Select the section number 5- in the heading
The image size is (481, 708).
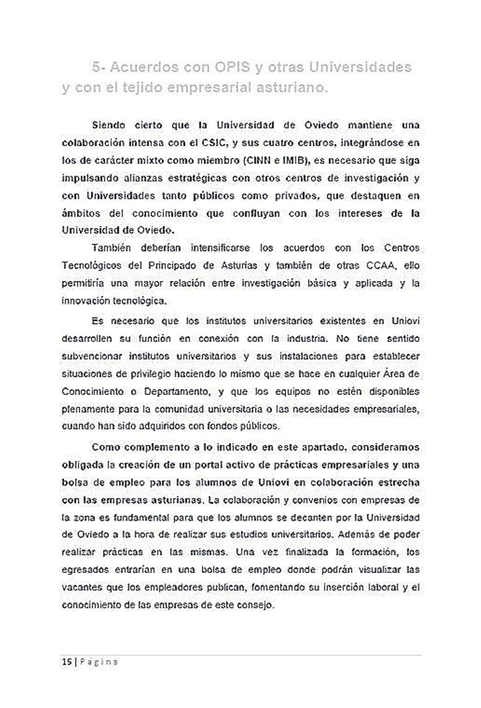[x=99, y=67]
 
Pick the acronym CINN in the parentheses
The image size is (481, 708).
[x=257, y=161]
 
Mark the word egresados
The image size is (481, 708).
[x=85, y=570]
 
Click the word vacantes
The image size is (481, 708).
[x=81, y=587]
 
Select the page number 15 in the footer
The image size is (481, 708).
[x=66, y=662]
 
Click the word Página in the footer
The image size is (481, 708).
[x=99, y=662]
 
